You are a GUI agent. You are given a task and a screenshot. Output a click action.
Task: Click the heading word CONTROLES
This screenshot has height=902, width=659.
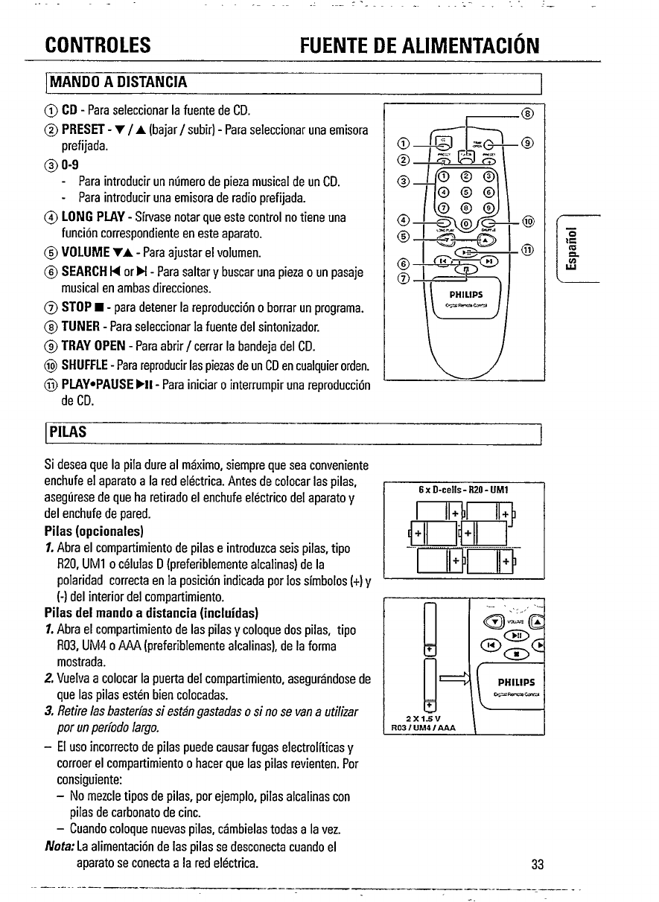pyautogui.click(x=99, y=47)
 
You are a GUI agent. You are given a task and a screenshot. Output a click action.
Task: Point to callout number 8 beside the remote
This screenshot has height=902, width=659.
pyautogui.click(x=527, y=114)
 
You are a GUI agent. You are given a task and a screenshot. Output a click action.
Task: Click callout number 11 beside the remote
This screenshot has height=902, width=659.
pyautogui.click(x=526, y=249)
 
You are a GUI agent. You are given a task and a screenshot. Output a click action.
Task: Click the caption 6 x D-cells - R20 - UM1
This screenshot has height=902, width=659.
pyautogui.click(x=463, y=490)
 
